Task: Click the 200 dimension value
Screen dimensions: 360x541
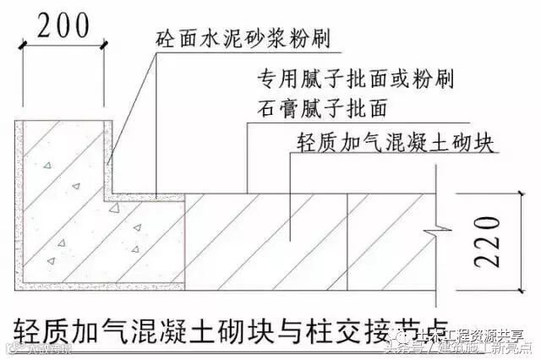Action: tap(63, 25)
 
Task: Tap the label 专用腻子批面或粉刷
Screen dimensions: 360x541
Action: tap(354, 81)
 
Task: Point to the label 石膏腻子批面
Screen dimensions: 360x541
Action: tap(322, 109)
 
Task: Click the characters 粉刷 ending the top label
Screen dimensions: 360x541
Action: tap(310, 40)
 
